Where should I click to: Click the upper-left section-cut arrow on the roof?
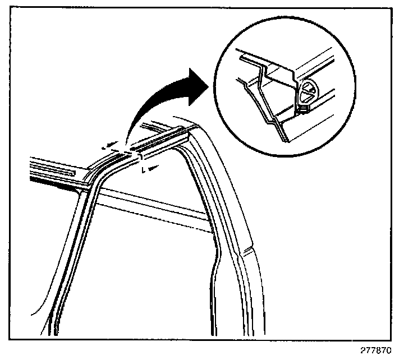pyautogui.click(x=109, y=145)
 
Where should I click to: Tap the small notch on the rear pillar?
pyautogui.click(x=245, y=247)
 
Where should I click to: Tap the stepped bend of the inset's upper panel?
pyautogui.click(x=259, y=64)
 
